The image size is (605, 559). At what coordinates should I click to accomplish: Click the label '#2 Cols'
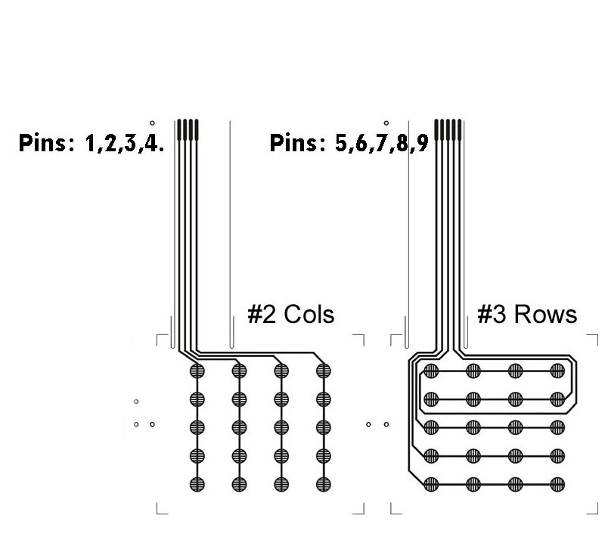(x=291, y=314)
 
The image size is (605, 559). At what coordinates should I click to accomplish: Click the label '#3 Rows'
(x=527, y=314)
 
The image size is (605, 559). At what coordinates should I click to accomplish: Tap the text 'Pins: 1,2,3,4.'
(x=91, y=144)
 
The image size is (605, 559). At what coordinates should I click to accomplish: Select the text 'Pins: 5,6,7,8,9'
(x=349, y=144)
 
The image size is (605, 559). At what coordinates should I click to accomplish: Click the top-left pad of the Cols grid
(x=197, y=371)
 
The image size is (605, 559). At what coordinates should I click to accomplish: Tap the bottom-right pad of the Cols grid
(x=324, y=483)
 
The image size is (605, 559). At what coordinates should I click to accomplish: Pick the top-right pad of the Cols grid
(x=324, y=371)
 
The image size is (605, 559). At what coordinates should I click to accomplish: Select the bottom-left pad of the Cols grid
(x=197, y=483)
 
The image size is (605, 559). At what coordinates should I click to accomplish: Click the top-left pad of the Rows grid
(x=431, y=371)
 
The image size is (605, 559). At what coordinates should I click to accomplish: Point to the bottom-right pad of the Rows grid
(x=558, y=483)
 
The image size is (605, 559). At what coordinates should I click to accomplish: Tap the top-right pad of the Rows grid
(x=558, y=371)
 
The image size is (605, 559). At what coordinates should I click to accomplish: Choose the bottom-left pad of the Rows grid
(x=431, y=483)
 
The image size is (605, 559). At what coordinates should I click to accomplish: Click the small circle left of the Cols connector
(x=152, y=123)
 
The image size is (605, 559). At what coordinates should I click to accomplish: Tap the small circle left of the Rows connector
(x=386, y=123)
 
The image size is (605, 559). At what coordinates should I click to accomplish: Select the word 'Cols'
(x=309, y=314)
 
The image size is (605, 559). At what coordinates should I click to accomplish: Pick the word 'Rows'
(x=545, y=314)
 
